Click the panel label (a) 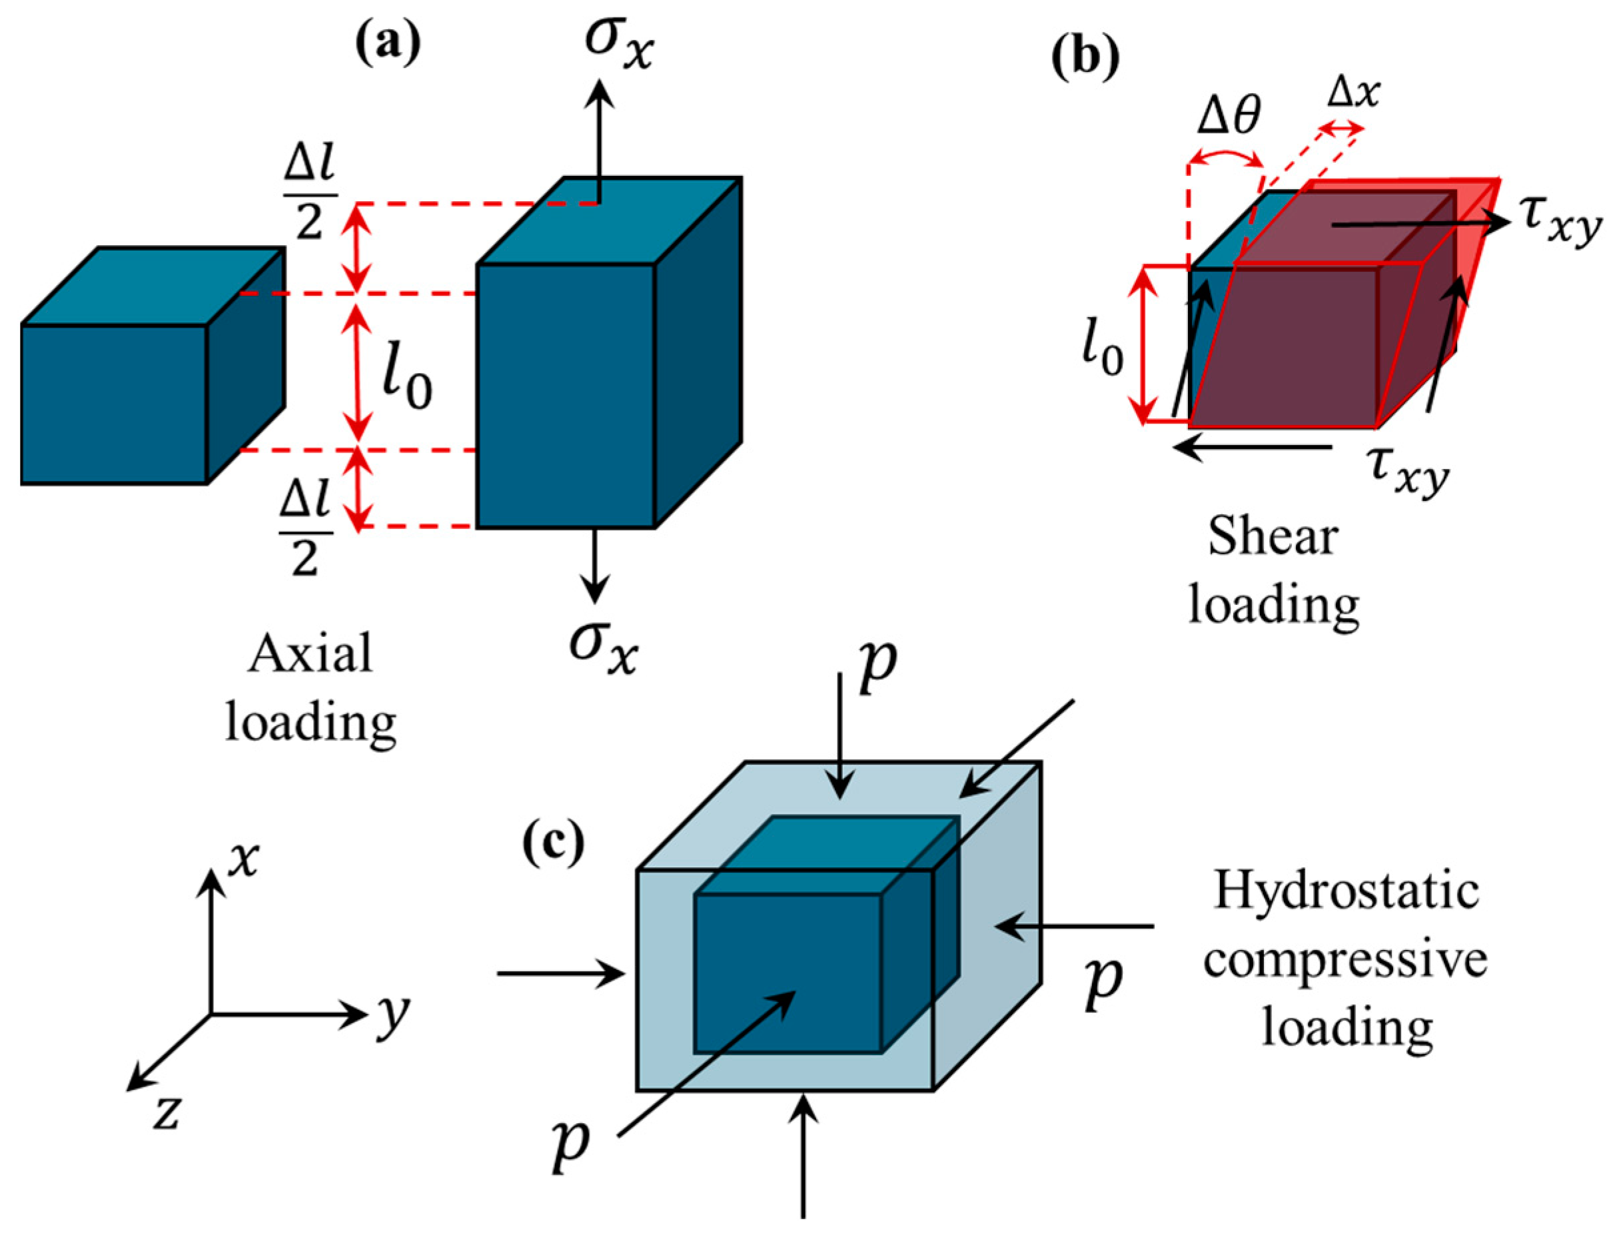388,44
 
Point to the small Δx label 1354,93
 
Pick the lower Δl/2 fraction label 306,532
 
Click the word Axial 310,655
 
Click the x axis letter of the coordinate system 243,859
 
